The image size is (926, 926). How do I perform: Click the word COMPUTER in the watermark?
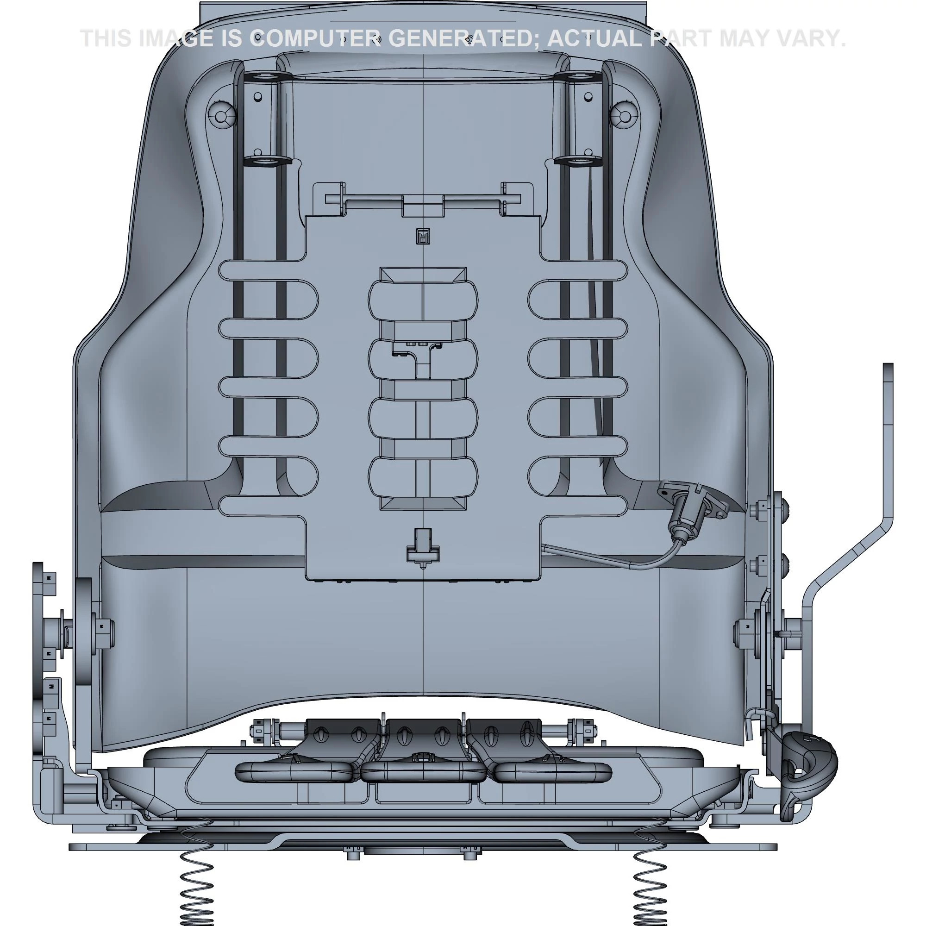316,39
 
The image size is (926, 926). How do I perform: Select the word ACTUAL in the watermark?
594,39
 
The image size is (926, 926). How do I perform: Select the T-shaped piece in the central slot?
422,355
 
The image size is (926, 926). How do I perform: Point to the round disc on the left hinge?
84,628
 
